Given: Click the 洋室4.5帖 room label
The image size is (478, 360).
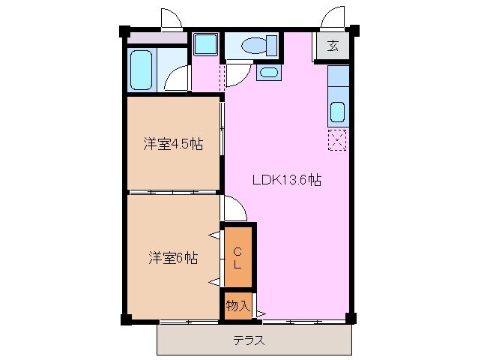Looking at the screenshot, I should click(x=174, y=143).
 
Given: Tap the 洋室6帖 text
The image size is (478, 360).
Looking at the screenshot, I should click(x=172, y=259).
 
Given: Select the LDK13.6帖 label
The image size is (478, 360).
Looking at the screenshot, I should click(x=287, y=180).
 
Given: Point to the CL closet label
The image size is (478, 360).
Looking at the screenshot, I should click(x=237, y=257).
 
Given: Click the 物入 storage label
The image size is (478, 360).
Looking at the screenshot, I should click(x=238, y=305).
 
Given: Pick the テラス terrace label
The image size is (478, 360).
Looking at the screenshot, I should click(x=248, y=340).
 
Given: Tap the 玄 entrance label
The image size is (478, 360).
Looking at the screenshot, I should click(x=333, y=45).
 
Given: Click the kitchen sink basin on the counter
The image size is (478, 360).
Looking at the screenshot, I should click(x=338, y=112).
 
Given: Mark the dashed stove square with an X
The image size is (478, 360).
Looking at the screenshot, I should click(x=338, y=139).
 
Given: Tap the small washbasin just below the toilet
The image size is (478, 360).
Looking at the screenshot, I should click(x=268, y=72).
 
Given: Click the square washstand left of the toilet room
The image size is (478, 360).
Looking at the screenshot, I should click(x=204, y=44).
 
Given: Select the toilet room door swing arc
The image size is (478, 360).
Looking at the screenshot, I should click(x=238, y=73).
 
